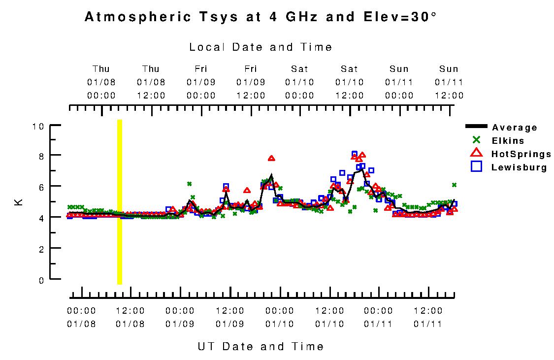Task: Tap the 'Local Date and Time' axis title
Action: [261, 47]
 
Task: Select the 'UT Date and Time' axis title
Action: [261, 346]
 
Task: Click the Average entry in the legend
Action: [515, 128]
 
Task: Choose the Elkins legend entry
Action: [508, 141]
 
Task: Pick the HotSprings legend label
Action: [521, 154]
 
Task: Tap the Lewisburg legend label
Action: [519, 167]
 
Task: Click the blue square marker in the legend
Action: [476, 167]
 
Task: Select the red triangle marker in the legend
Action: [476, 153]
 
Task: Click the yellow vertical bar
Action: [119, 201]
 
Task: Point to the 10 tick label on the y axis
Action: [38, 126]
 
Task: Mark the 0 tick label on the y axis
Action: [41, 280]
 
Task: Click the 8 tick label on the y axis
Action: [41, 156]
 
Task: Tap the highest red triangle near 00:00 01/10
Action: [271, 158]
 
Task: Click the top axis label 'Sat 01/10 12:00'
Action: [349, 82]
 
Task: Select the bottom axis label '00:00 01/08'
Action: [81, 317]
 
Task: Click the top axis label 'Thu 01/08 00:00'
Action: [101, 82]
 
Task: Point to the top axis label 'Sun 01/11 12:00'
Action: [449, 82]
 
